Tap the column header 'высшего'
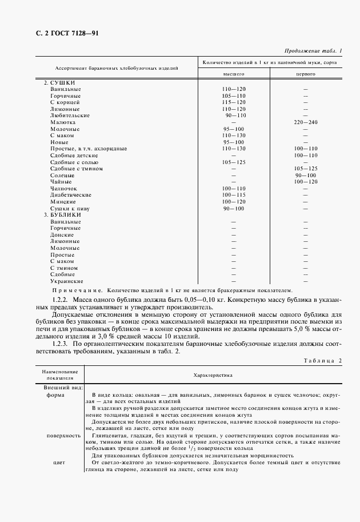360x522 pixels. click(233, 75)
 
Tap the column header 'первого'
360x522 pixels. click(306, 75)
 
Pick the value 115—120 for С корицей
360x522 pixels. click(233, 102)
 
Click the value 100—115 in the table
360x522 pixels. click(233, 195)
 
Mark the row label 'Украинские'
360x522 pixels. click(66, 281)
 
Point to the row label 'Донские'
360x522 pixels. click(61, 234)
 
